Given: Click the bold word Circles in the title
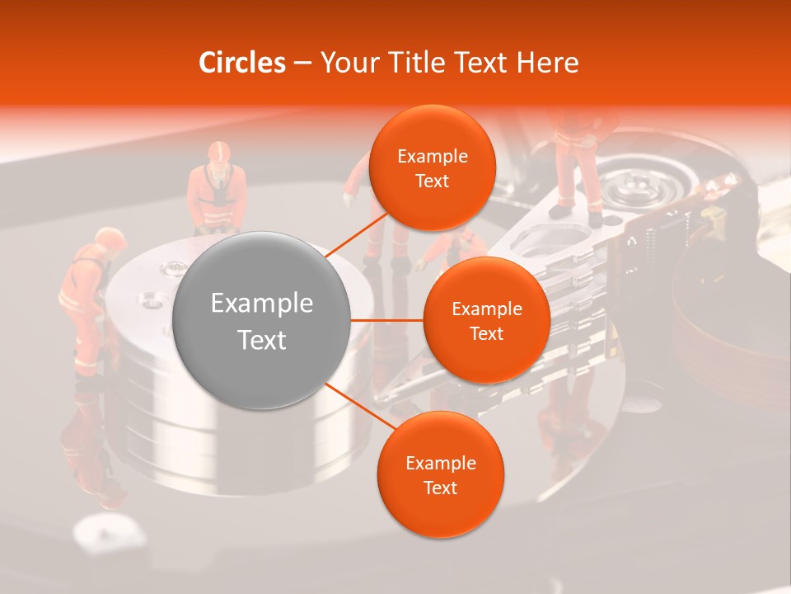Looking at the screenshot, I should tap(242, 63).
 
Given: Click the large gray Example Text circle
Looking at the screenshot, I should tap(262, 320).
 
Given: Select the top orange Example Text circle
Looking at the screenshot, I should tap(432, 167).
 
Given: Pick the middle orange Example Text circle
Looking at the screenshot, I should tap(486, 320).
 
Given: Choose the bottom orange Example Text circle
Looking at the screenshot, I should tap(440, 474).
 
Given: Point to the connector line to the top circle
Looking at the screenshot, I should tap(357, 234).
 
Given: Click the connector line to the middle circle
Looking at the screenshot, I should tap(387, 320).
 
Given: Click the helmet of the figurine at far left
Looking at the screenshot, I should tap(109, 238).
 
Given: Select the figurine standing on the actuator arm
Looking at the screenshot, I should tap(577, 165).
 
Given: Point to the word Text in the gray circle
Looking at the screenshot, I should tap(262, 340).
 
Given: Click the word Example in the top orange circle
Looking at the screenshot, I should tap(432, 157).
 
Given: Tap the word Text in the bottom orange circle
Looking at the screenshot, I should tap(440, 488).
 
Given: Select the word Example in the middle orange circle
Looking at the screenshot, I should tap(486, 309).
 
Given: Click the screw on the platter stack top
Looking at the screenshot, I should tap(175, 267).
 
